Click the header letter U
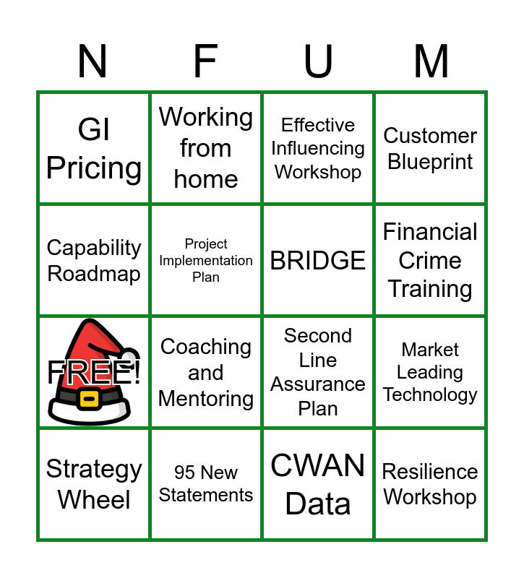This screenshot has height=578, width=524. (x=318, y=61)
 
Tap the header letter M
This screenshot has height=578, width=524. (x=431, y=61)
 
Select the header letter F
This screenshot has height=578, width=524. (x=205, y=61)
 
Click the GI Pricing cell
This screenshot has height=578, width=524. (x=94, y=148)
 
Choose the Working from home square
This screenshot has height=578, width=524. (x=206, y=148)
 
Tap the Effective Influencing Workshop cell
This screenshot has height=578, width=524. (x=318, y=148)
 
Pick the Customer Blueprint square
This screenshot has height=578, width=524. (x=430, y=148)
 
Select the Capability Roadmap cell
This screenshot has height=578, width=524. (x=94, y=260)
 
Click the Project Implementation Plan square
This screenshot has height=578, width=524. (x=206, y=260)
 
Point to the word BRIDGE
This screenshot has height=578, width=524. (x=318, y=260)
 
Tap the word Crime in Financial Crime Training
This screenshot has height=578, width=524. (x=430, y=260)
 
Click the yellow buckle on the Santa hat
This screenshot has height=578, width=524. (x=89, y=399)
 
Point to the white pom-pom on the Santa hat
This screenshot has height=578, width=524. (x=129, y=357)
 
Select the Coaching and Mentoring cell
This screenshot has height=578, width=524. (x=206, y=372)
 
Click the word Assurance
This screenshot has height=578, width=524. (x=318, y=384)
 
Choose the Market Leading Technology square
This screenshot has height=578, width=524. (x=430, y=372)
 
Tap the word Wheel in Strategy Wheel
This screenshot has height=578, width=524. (x=94, y=500)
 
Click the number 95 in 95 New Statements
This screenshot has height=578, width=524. (x=185, y=473)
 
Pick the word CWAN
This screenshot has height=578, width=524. (x=318, y=465)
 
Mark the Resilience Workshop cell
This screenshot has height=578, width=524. (x=430, y=484)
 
